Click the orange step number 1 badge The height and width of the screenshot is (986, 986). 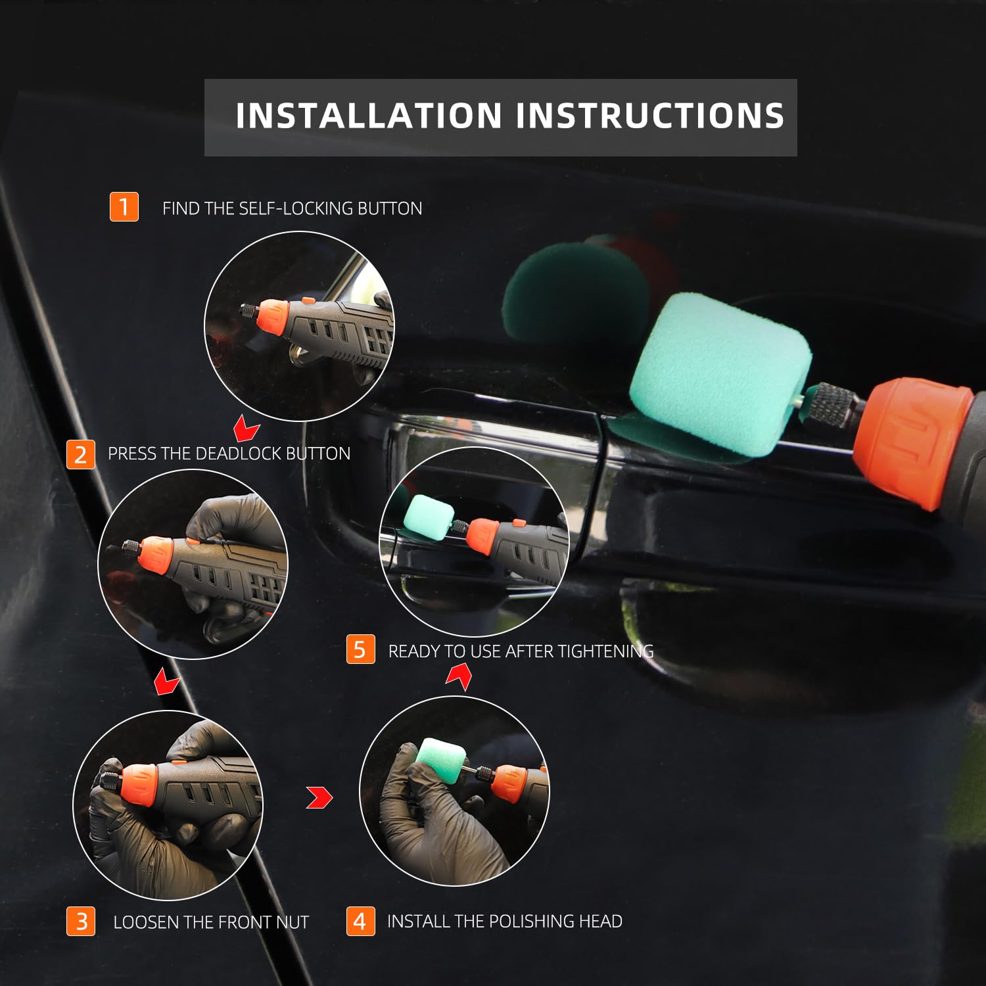pos(124,207)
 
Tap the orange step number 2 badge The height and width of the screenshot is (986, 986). pos(81,454)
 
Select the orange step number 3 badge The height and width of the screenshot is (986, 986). pos(81,921)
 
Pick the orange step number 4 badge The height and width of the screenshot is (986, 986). pos(360,921)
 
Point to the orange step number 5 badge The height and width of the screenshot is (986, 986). pos(360,649)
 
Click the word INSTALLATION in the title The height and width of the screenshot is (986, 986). pos(369,116)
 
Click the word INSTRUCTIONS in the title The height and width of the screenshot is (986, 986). pos(650,116)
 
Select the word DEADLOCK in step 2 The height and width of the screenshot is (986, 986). pos(239,454)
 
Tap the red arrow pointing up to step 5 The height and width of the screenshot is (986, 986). pos(459,676)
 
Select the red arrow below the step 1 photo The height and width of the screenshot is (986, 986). pos(246,429)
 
